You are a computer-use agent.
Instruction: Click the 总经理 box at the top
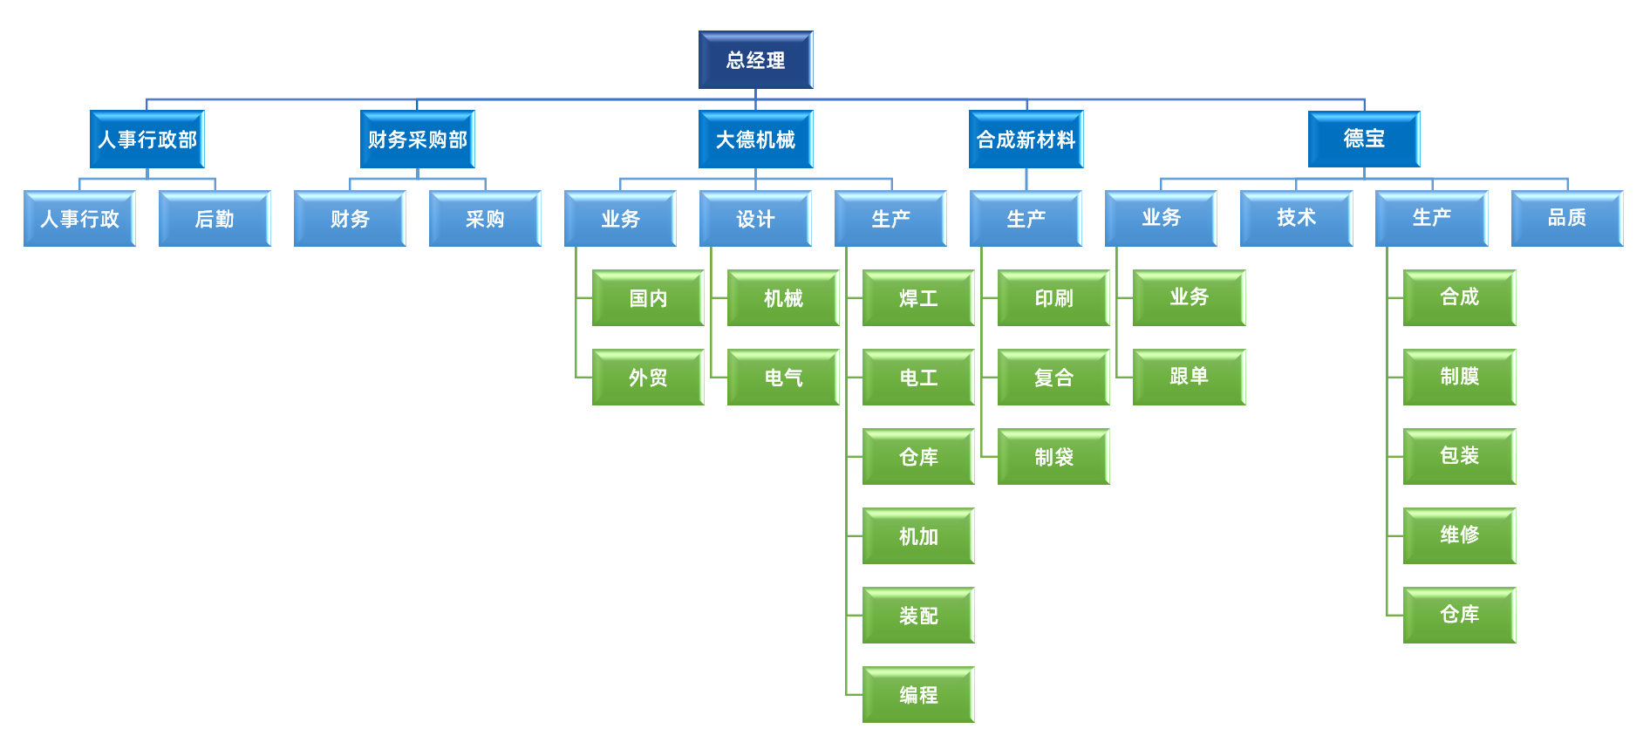pyautogui.click(x=755, y=60)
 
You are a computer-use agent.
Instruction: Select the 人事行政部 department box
pyautogui.click(x=147, y=140)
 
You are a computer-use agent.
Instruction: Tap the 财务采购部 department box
pyautogui.click(x=418, y=140)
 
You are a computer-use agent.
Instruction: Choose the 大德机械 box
pyautogui.click(x=755, y=140)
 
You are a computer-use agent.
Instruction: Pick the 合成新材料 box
pyautogui.click(x=1026, y=140)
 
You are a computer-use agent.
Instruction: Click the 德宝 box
pyautogui.click(x=1364, y=139)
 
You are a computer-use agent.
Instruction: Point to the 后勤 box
pyautogui.click(x=215, y=219)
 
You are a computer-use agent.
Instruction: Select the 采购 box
pyautogui.click(x=485, y=219)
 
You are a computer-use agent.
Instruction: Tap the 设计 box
pyautogui.click(x=755, y=219)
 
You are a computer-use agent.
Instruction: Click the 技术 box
pyautogui.click(x=1296, y=218)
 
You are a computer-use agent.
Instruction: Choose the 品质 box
pyautogui.click(x=1566, y=218)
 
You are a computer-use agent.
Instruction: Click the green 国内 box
pyautogui.click(x=648, y=298)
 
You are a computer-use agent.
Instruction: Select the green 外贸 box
pyautogui.click(x=648, y=378)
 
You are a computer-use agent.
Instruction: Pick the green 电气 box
pyautogui.click(x=783, y=378)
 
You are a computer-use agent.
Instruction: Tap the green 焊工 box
pyautogui.click(x=918, y=298)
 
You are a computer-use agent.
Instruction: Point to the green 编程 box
pyautogui.click(x=918, y=695)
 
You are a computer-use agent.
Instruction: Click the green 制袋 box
pyautogui.click(x=1053, y=457)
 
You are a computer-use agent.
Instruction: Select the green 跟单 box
pyautogui.click(x=1189, y=377)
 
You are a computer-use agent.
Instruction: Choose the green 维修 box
pyautogui.click(x=1459, y=535)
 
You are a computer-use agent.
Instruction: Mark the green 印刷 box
pyautogui.click(x=1053, y=298)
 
